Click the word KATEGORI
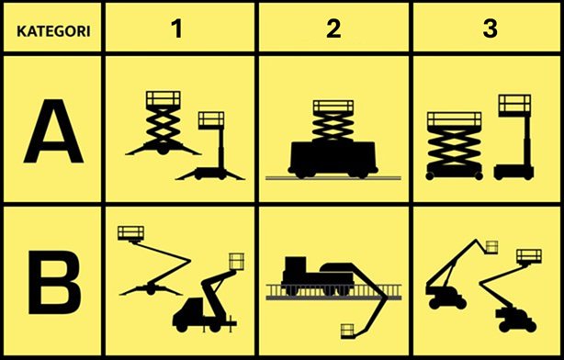click(53, 31)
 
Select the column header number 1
click(177, 28)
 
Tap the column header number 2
click(333, 28)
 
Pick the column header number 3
click(490, 28)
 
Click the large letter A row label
click(53, 131)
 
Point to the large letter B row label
click(54, 282)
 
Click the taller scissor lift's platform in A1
click(163, 98)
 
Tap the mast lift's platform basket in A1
click(211, 120)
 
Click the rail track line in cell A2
click(333, 177)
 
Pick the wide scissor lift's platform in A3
click(455, 119)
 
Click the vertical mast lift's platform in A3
click(514, 106)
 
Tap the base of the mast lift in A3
click(513, 172)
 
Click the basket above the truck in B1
click(236, 262)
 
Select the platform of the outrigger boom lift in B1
click(130, 233)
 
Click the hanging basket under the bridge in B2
click(347, 331)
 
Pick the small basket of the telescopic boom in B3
click(491, 247)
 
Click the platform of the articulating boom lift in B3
click(529, 256)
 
